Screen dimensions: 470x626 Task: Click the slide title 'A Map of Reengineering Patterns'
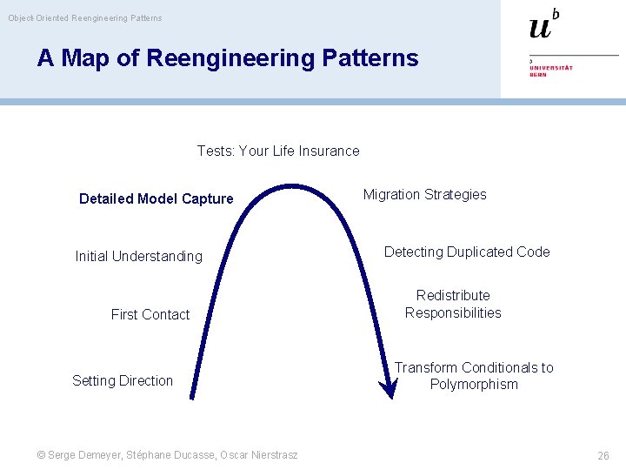coord(228,58)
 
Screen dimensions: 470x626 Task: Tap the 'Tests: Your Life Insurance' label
coord(278,151)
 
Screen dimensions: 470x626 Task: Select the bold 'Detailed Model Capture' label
coord(156,198)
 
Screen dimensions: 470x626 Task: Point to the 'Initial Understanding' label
coord(139,256)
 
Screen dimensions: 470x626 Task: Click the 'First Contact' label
coord(150,314)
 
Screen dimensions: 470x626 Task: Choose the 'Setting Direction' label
coord(123,380)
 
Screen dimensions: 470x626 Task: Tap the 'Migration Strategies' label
coord(424,194)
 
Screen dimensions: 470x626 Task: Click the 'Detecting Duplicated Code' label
coord(467,252)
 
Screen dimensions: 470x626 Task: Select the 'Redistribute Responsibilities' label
coord(453,304)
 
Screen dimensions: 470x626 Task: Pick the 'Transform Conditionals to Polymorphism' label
coord(474,376)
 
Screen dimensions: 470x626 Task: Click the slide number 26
coord(603,455)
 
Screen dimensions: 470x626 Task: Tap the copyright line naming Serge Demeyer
coord(168,454)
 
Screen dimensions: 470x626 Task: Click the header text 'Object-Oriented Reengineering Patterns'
coord(85,17)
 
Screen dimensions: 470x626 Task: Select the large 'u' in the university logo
coord(540,28)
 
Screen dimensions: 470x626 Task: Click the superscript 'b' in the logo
coord(556,13)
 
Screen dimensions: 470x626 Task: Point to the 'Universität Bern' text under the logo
coord(551,69)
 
